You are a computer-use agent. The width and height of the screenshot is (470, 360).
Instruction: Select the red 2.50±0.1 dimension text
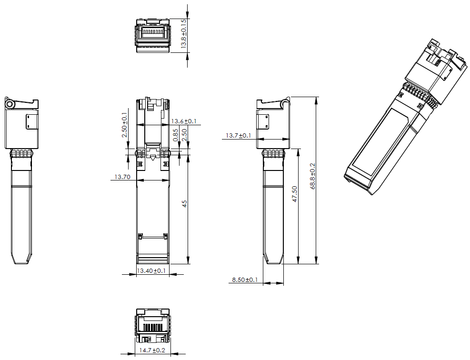pos(124,125)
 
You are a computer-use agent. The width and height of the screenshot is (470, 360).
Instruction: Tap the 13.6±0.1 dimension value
pos(184,121)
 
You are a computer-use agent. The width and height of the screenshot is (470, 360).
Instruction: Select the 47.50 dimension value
pos(295,194)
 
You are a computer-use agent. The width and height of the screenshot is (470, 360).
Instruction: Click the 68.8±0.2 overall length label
pos(313,176)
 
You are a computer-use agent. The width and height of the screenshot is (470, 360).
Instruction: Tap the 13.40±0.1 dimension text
pos(151,271)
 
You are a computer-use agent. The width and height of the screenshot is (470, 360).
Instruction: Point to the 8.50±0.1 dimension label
pos(245,280)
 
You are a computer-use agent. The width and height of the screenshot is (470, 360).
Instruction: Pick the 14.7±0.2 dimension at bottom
pos(152,350)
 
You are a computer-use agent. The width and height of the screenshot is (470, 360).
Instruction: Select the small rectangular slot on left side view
pos(30,121)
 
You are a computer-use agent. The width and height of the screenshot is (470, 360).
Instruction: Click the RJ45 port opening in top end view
pos(153,34)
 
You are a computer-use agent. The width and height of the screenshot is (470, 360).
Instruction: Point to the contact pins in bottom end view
pos(153,328)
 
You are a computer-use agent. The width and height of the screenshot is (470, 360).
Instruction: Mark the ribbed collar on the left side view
pos(22,153)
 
